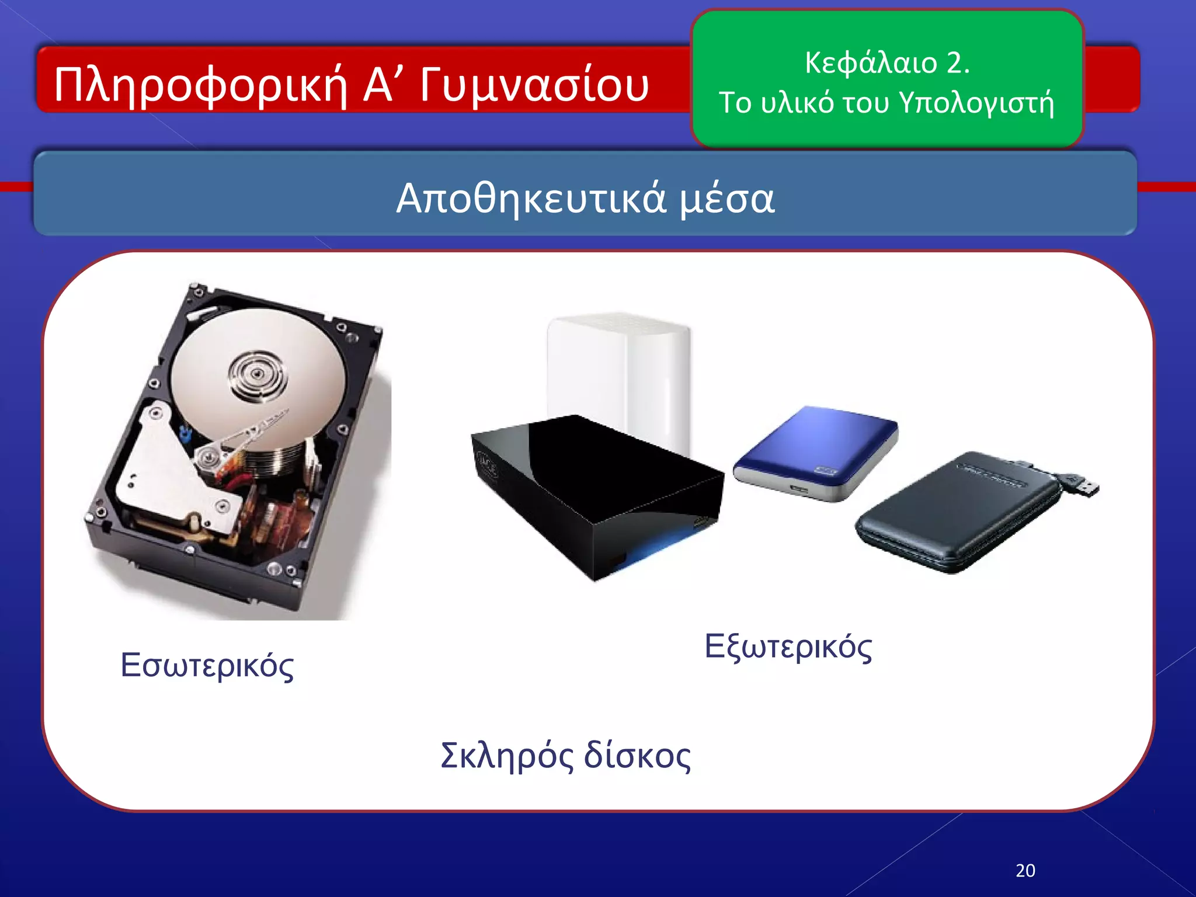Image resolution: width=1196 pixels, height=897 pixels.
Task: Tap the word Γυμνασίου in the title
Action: pos(534,85)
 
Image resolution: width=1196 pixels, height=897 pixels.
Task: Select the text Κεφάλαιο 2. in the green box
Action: pos(887,62)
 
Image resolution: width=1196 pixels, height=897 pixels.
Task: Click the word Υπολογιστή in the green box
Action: pos(976,103)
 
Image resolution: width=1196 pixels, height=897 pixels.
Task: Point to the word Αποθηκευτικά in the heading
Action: pos(531,199)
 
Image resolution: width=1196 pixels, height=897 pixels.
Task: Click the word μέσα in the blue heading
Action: pos(728,199)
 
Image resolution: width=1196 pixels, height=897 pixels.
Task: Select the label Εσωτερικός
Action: pos(207,665)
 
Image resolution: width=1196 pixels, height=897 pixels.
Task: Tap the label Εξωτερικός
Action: pos(788,646)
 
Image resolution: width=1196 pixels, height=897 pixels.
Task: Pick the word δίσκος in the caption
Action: pos(638,756)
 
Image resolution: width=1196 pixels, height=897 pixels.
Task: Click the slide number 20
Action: pos(1025,871)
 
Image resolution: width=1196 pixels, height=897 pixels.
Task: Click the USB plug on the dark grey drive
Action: pos(1083,486)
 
